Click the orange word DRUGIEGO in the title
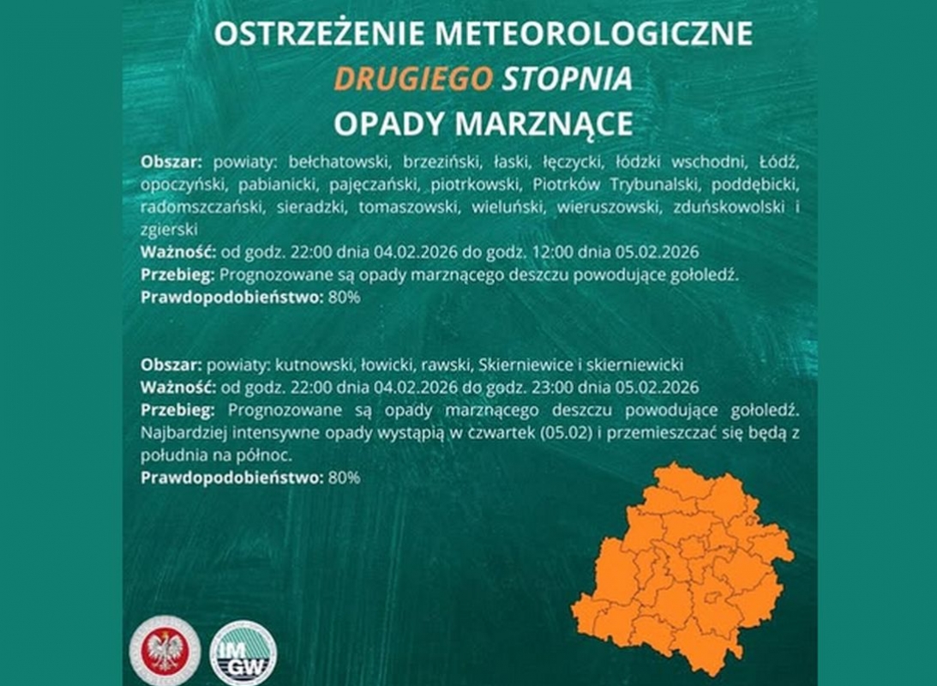click(x=413, y=79)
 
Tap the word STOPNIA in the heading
click(x=568, y=79)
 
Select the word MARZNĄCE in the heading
click(x=544, y=123)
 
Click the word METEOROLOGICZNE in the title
click(x=594, y=34)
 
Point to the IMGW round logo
click(x=243, y=653)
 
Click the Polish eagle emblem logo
click(x=164, y=649)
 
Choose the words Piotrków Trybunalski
click(x=598, y=184)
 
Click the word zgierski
click(x=169, y=229)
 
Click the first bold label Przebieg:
click(x=178, y=275)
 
